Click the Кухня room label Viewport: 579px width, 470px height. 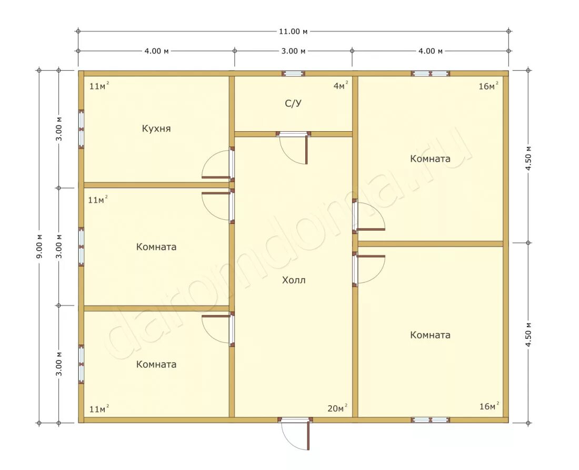point(156,129)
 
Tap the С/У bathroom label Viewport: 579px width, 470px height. point(293,103)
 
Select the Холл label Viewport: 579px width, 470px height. point(294,280)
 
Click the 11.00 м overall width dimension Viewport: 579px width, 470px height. point(293,32)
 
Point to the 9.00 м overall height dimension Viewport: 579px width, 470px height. point(39,247)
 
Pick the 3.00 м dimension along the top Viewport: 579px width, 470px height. point(293,51)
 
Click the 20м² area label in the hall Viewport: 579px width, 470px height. point(337,408)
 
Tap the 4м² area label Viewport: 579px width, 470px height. point(341,86)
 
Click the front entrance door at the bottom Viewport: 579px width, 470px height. point(295,434)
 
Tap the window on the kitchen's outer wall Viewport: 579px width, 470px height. point(81,129)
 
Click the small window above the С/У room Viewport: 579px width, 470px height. point(294,74)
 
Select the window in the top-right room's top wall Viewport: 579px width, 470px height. point(431,74)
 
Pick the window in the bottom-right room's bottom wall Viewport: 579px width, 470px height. point(431,420)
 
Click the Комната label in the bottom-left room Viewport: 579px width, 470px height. point(156,364)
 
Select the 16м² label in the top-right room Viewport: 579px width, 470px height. point(488,86)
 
